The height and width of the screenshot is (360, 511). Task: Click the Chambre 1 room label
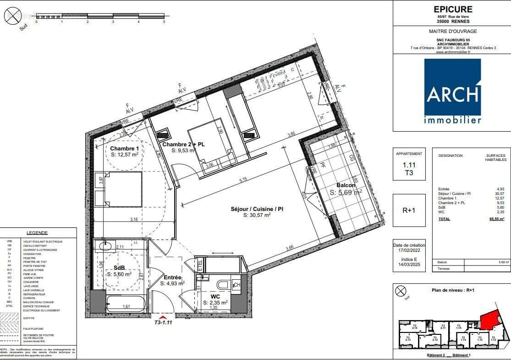point(125,149)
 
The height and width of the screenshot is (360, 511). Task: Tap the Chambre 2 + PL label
point(183,144)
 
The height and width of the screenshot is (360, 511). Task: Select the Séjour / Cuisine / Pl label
point(257,209)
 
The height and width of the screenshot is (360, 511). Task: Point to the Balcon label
point(346,185)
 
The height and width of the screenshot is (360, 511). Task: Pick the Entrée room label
point(172,277)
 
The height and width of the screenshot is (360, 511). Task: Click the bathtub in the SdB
point(126,305)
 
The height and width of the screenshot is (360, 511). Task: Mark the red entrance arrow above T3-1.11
point(162,316)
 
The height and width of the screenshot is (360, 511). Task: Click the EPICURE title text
point(453,9)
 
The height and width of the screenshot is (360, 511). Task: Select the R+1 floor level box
point(408,210)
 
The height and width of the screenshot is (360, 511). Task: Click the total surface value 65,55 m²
point(498,219)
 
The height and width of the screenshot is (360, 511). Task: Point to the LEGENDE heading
point(37,233)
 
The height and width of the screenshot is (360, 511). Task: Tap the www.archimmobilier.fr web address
point(453,52)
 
